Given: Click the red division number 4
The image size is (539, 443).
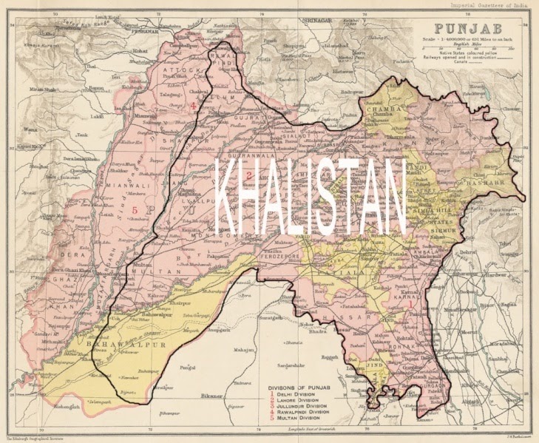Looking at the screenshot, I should [x=193, y=106].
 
